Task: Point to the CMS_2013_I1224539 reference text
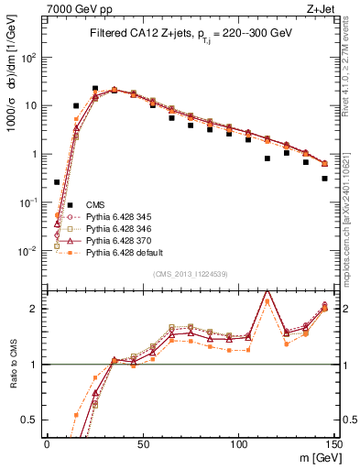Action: [x=190, y=273]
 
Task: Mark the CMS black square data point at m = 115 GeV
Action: [x=267, y=158]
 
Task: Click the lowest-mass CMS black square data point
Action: [x=57, y=182]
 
